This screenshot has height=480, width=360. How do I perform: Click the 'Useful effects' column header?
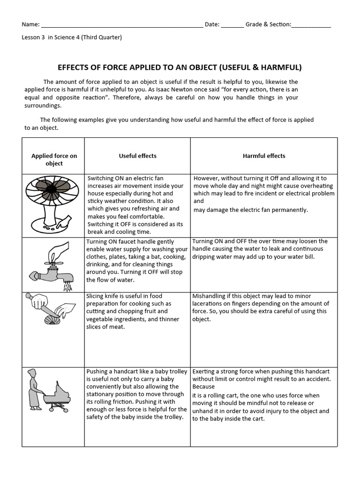click(138, 156)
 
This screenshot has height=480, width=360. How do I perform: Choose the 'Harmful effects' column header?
click(264, 156)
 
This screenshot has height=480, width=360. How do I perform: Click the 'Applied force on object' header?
click(54, 160)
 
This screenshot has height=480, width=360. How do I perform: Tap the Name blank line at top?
click(122, 25)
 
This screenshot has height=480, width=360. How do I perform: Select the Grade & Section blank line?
click(311, 25)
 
